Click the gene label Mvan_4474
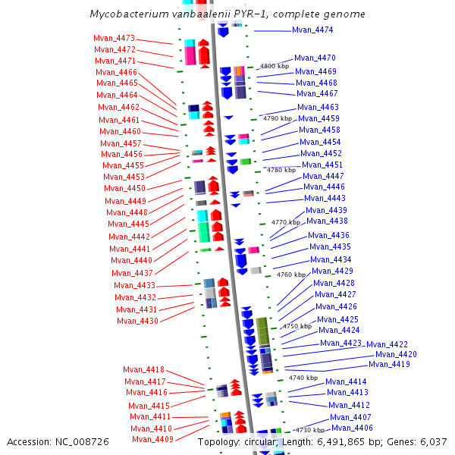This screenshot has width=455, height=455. (312, 30)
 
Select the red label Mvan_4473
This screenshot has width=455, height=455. (114, 39)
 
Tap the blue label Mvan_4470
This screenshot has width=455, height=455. (315, 58)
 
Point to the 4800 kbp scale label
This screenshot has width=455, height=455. (275, 67)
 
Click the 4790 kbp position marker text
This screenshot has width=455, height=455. (277, 119)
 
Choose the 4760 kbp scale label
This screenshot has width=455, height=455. (291, 275)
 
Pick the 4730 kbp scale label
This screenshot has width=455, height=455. (310, 430)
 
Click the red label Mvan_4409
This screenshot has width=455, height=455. (152, 440)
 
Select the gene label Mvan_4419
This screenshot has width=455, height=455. (390, 365)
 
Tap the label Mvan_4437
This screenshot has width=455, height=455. (132, 273)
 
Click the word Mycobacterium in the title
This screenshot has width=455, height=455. (124, 14)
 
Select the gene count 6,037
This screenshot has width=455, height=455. (432, 441)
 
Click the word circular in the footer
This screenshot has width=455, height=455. (265, 441)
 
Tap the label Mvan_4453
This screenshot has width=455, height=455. (124, 177)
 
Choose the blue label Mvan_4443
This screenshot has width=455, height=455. (325, 199)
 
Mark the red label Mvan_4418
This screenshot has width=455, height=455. (144, 370)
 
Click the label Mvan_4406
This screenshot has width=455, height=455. (353, 428)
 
